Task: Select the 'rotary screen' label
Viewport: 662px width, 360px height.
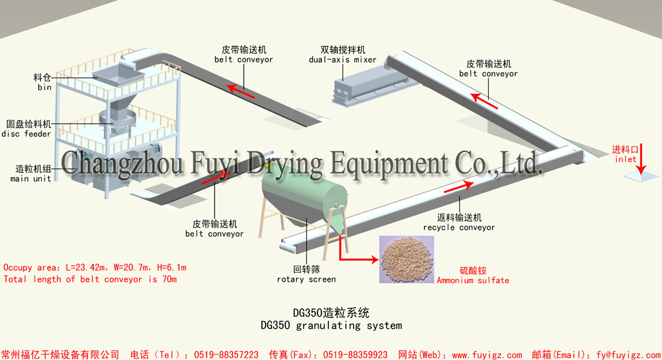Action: pos(306,279)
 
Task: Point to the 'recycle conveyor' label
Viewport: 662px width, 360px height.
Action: pos(459,228)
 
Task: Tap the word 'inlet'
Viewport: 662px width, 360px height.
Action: pos(625,159)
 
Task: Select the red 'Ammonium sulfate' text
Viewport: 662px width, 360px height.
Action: pos(473,281)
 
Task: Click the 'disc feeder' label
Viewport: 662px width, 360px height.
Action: pos(26,134)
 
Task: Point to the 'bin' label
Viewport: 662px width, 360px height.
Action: pos(44,87)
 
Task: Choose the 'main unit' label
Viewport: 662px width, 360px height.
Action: pos(30,178)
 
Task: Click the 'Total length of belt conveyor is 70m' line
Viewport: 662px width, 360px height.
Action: pos(90,279)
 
